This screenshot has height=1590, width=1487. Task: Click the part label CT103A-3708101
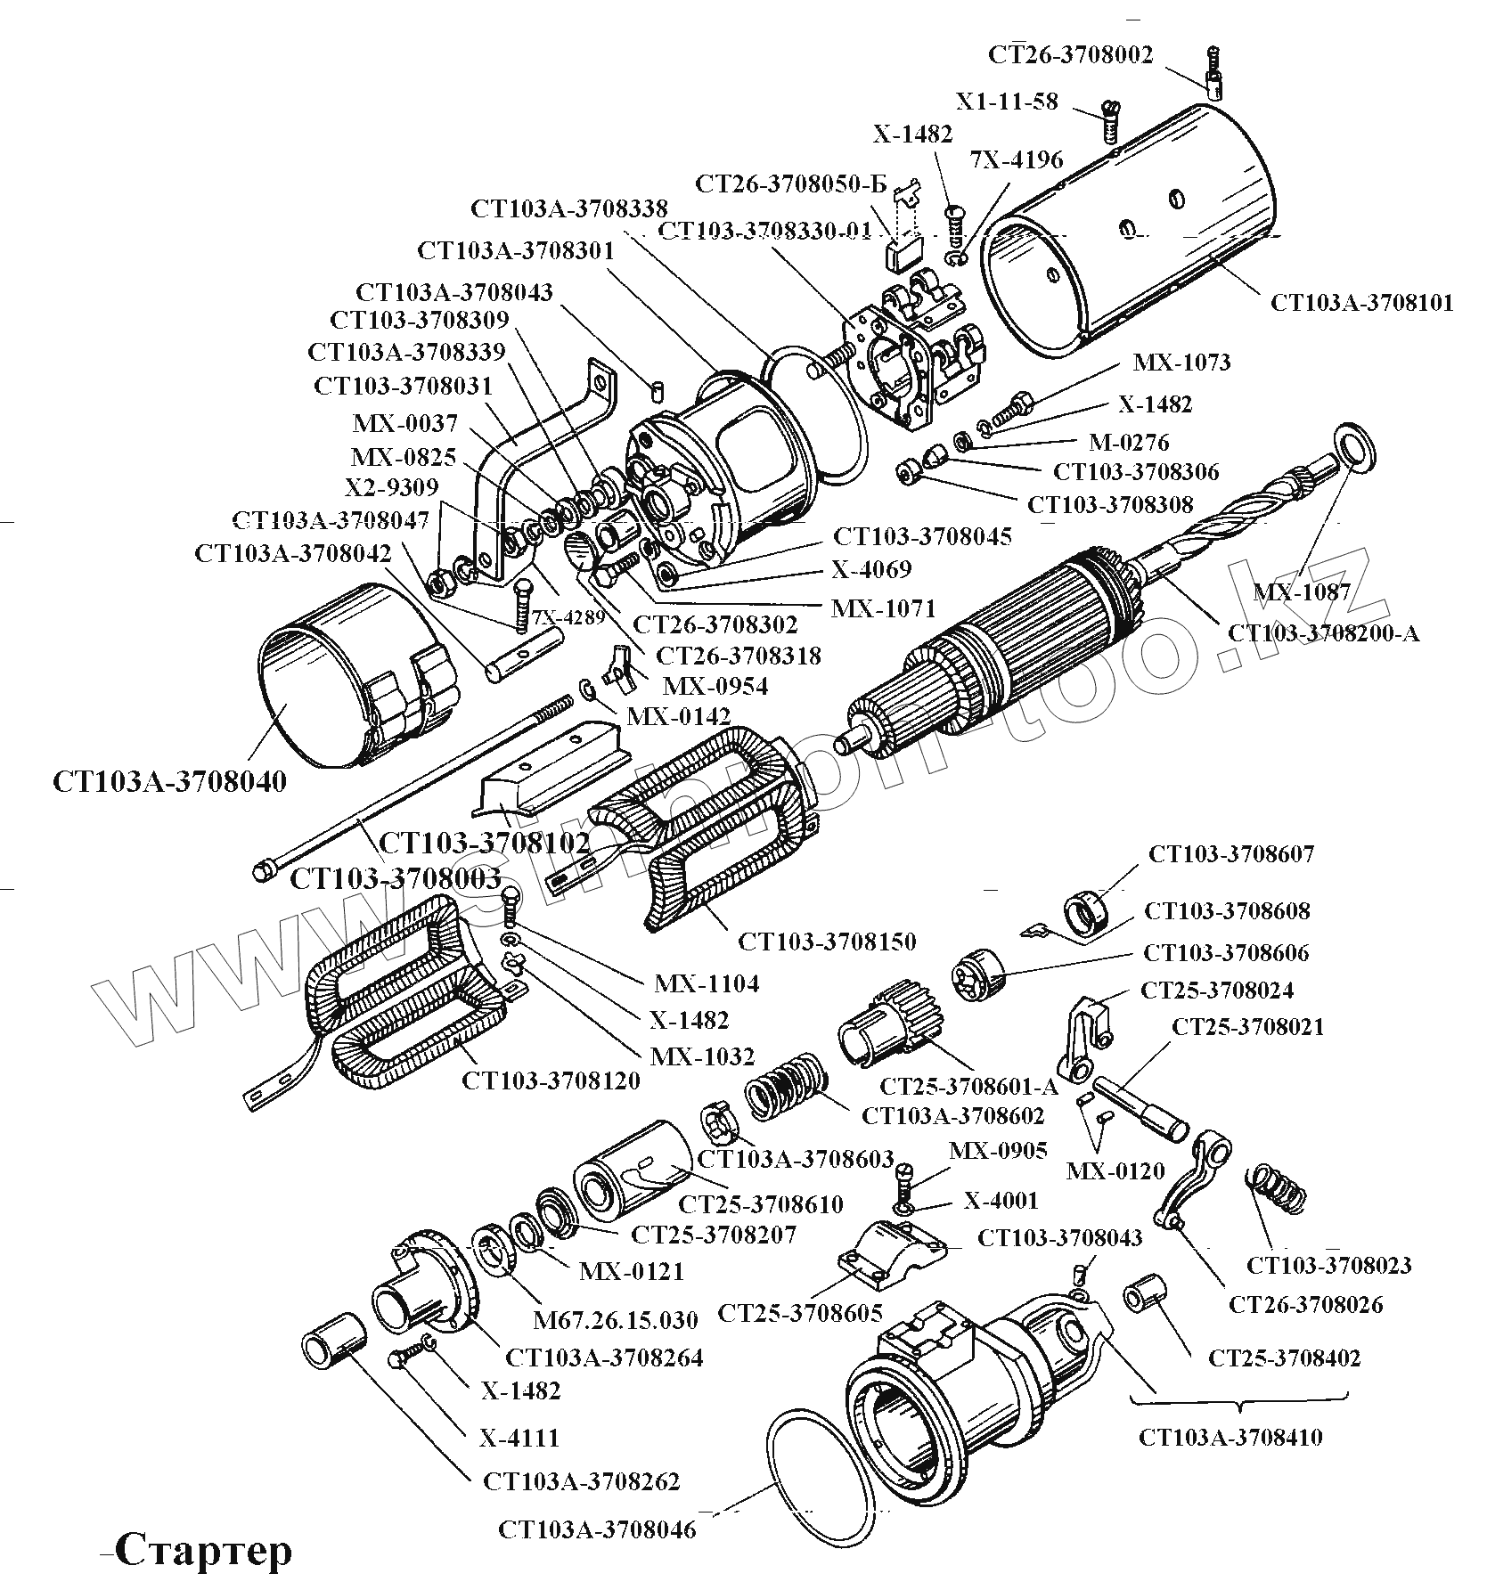coord(1361,303)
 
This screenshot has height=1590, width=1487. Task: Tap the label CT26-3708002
coord(1070,55)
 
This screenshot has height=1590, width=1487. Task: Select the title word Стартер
coord(203,1551)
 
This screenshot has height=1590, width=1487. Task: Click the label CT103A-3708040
coord(170,782)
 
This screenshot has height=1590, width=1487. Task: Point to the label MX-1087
coord(1303,591)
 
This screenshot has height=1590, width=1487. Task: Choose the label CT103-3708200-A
coord(1324,633)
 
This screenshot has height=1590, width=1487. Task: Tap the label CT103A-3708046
coord(597,1530)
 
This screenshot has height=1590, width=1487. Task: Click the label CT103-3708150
coord(827,942)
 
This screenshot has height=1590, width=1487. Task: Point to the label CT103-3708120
coord(551,1081)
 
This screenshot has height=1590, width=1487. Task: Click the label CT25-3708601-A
coord(968,1087)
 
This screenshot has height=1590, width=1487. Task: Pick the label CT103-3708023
coord(1328,1265)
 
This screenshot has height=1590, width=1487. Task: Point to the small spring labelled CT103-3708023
coord(1277,1186)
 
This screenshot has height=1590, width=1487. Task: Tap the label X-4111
coord(519,1438)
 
